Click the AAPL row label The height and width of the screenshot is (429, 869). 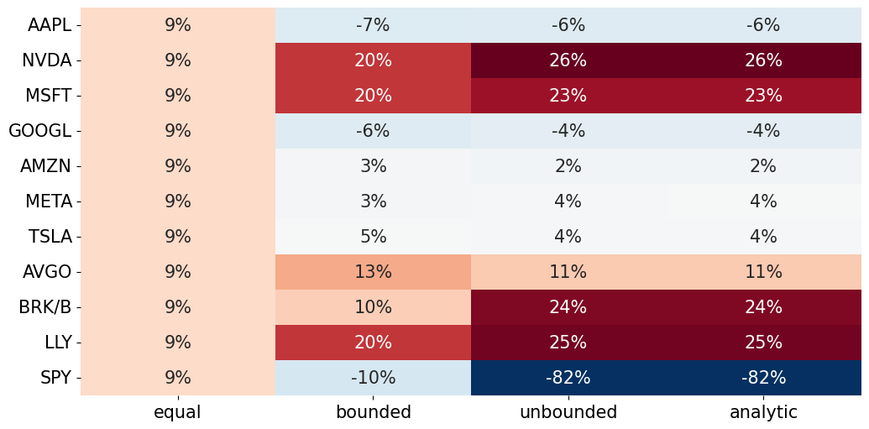50,25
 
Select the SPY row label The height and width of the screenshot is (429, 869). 55,378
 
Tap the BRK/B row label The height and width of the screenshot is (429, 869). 45,307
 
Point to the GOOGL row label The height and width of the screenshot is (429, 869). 39,131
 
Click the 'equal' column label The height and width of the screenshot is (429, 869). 177,412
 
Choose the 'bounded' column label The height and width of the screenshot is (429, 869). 373,412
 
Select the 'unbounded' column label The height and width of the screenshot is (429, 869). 568,412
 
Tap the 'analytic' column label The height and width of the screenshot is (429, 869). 763,412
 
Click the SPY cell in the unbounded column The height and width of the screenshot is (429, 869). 568,378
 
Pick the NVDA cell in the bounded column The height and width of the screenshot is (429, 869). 373,60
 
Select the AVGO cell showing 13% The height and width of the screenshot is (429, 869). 373,272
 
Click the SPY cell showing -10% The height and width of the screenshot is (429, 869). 373,378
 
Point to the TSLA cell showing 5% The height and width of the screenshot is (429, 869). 373,237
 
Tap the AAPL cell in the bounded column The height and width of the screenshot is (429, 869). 373,25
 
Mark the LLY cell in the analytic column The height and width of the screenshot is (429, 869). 763,343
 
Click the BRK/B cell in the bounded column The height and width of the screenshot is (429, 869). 373,307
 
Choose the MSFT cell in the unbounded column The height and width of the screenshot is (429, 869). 568,96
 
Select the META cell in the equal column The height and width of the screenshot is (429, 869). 177,201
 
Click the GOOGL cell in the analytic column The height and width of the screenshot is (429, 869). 763,131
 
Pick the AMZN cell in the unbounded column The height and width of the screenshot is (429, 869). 568,166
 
